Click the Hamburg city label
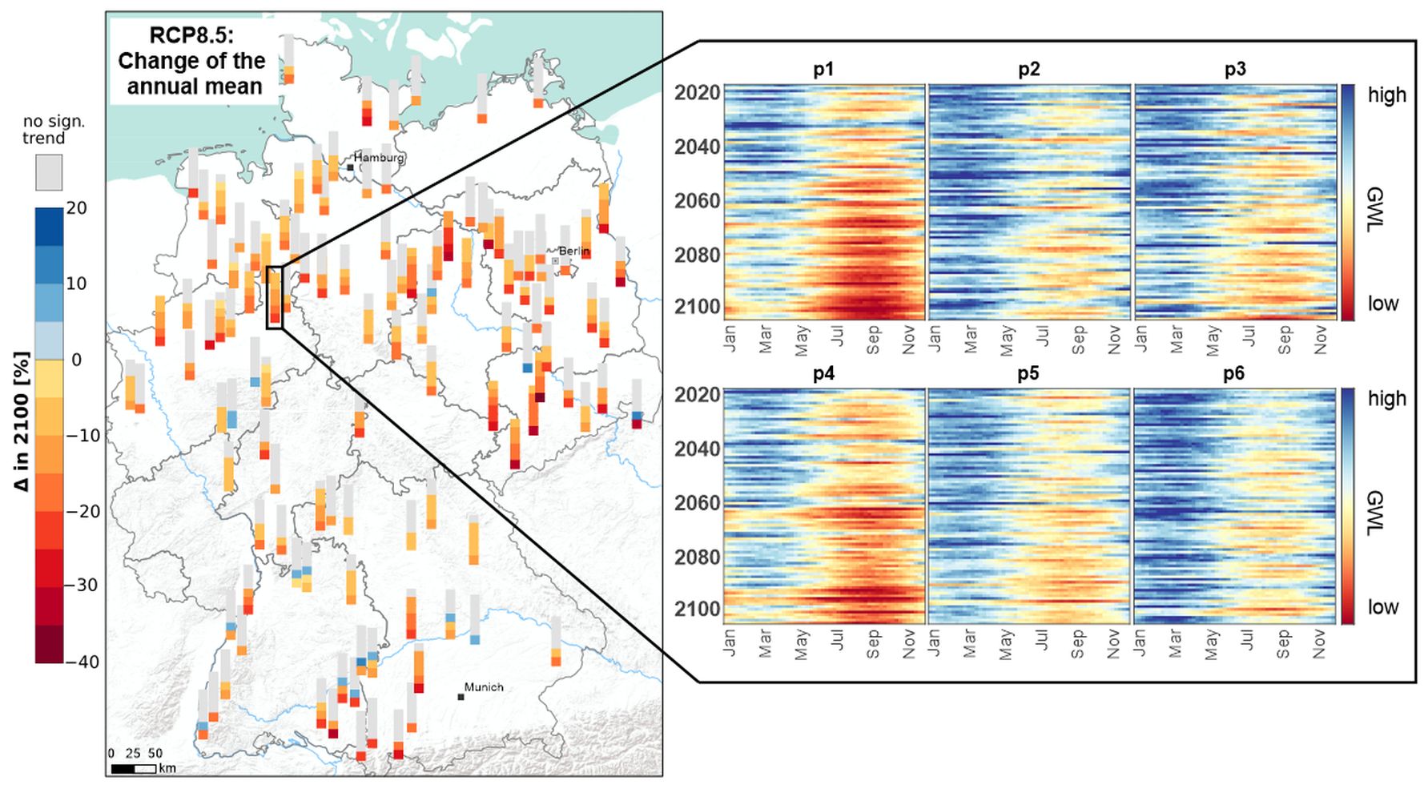click(x=379, y=158)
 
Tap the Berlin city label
click(x=573, y=251)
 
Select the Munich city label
click(x=484, y=687)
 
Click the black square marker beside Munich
click(x=461, y=697)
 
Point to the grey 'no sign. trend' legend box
click(x=49, y=172)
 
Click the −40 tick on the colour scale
click(x=82, y=662)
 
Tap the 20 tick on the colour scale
click(x=76, y=208)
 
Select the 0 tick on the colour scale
click(x=76, y=360)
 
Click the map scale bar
click(x=133, y=769)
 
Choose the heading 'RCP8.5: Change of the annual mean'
click(x=192, y=61)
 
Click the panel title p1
click(x=823, y=70)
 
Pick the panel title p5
click(x=1028, y=374)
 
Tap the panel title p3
click(x=1235, y=70)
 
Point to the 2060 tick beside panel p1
click(x=698, y=200)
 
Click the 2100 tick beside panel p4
click(x=698, y=610)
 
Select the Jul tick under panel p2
click(x=1042, y=336)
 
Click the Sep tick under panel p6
click(x=1283, y=643)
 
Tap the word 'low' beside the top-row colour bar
click(x=1383, y=304)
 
